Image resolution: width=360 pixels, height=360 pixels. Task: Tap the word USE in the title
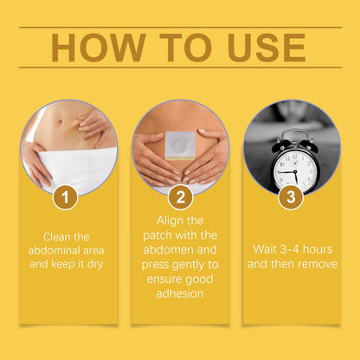267,48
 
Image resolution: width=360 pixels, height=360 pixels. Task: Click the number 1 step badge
65,197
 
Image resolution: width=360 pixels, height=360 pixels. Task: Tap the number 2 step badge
181,197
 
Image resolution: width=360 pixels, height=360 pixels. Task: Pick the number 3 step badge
291,197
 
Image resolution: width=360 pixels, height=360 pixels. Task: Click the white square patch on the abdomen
181,145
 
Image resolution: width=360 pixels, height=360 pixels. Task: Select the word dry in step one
95,265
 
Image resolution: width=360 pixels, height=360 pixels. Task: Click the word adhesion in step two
180,293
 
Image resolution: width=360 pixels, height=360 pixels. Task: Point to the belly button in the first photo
60,121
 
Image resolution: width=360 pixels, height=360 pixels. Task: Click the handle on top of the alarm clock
294,135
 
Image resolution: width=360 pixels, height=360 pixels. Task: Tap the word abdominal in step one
54,250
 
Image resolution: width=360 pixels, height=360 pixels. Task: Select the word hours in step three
318,249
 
